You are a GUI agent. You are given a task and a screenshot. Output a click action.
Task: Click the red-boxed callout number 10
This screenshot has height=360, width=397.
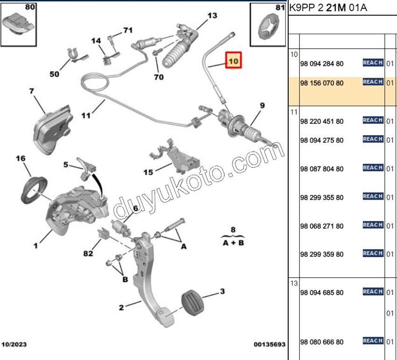pyautogui.click(x=234, y=61)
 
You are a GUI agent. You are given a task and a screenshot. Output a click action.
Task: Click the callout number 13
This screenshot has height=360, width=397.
pyautogui.click(x=212, y=16)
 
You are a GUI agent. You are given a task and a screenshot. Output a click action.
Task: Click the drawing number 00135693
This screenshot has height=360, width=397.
pyautogui.click(x=269, y=345)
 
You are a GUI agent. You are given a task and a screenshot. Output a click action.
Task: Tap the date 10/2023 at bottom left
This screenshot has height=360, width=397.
pyautogui.click(x=14, y=345)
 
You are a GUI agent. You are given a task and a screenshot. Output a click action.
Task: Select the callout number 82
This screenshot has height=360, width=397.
pyautogui.click(x=88, y=253)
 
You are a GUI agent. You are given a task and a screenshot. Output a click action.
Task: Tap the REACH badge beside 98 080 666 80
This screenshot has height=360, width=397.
pyautogui.click(x=373, y=341)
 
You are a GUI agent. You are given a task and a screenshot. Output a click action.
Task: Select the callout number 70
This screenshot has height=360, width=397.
pyautogui.click(x=159, y=77)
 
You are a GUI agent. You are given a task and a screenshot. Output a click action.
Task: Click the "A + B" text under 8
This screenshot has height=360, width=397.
pyautogui.click(x=234, y=243)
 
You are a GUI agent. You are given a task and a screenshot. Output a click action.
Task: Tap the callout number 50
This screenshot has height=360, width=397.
pyautogui.click(x=55, y=74)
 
